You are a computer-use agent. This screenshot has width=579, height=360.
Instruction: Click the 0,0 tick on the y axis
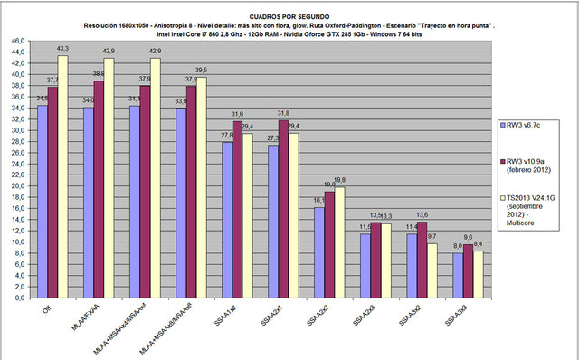17,298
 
